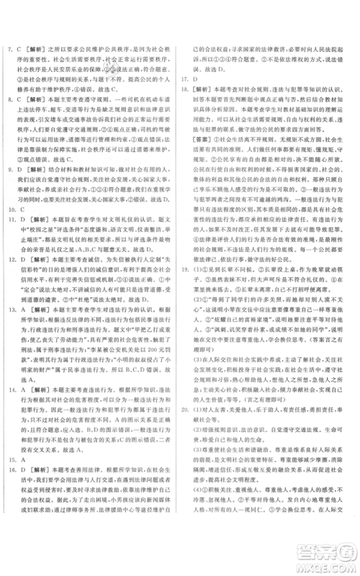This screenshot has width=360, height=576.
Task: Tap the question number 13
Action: coord(11,346)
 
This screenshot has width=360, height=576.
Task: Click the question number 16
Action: coord(11,497)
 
